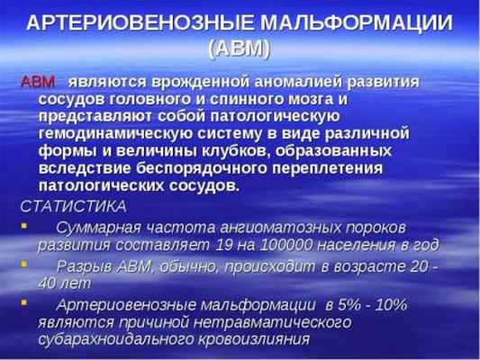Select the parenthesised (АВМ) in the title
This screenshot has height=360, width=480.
tap(239, 49)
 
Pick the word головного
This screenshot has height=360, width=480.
tap(143, 99)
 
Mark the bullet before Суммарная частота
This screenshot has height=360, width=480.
tap(25, 226)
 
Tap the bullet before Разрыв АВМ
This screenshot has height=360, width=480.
tap(25, 265)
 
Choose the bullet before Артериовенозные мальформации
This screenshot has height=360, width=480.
tap(25, 304)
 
